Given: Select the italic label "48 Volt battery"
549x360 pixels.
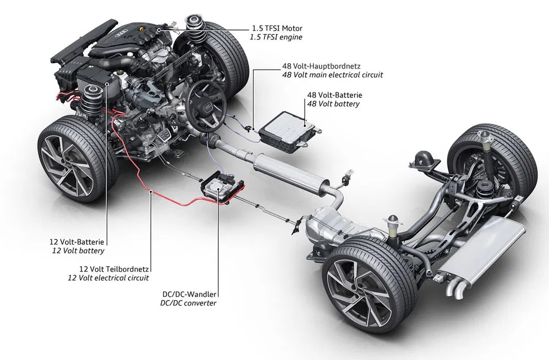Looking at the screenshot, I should (x=333, y=103).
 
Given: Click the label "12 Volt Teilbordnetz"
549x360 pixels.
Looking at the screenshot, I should (x=114, y=269).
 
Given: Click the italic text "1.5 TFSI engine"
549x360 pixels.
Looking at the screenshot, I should (x=276, y=37).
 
